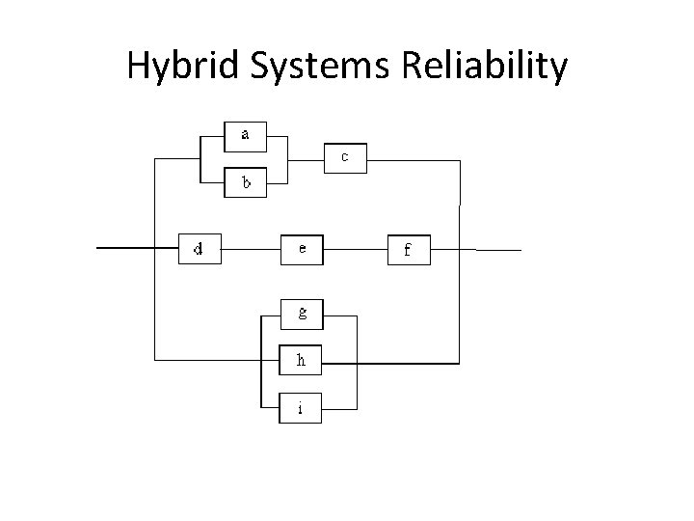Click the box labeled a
pyautogui.click(x=246, y=136)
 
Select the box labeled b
pyautogui.click(x=246, y=181)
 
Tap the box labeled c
pyautogui.click(x=345, y=157)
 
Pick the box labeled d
pyautogui.click(x=200, y=249)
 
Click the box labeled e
pyautogui.click(x=303, y=249)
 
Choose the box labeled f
pyautogui.click(x=409, y=250)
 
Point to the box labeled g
pyautogui.click(x=302, y=313)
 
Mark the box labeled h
pyautogui.click(x=302, y=361)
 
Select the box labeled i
pyautogui.click(x=302, y=408)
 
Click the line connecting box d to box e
pyautogui.click(x=250, y=249)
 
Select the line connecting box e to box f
pyautogui.click(x=356, y=249)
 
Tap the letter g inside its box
pyautogui.click(x=302, y=313)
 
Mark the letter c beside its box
pyautogui.click(x=345, y=156)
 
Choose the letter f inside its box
pyautogui.click(x=407, y=251)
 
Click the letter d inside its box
pyautogui.click(x=199, y=249)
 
